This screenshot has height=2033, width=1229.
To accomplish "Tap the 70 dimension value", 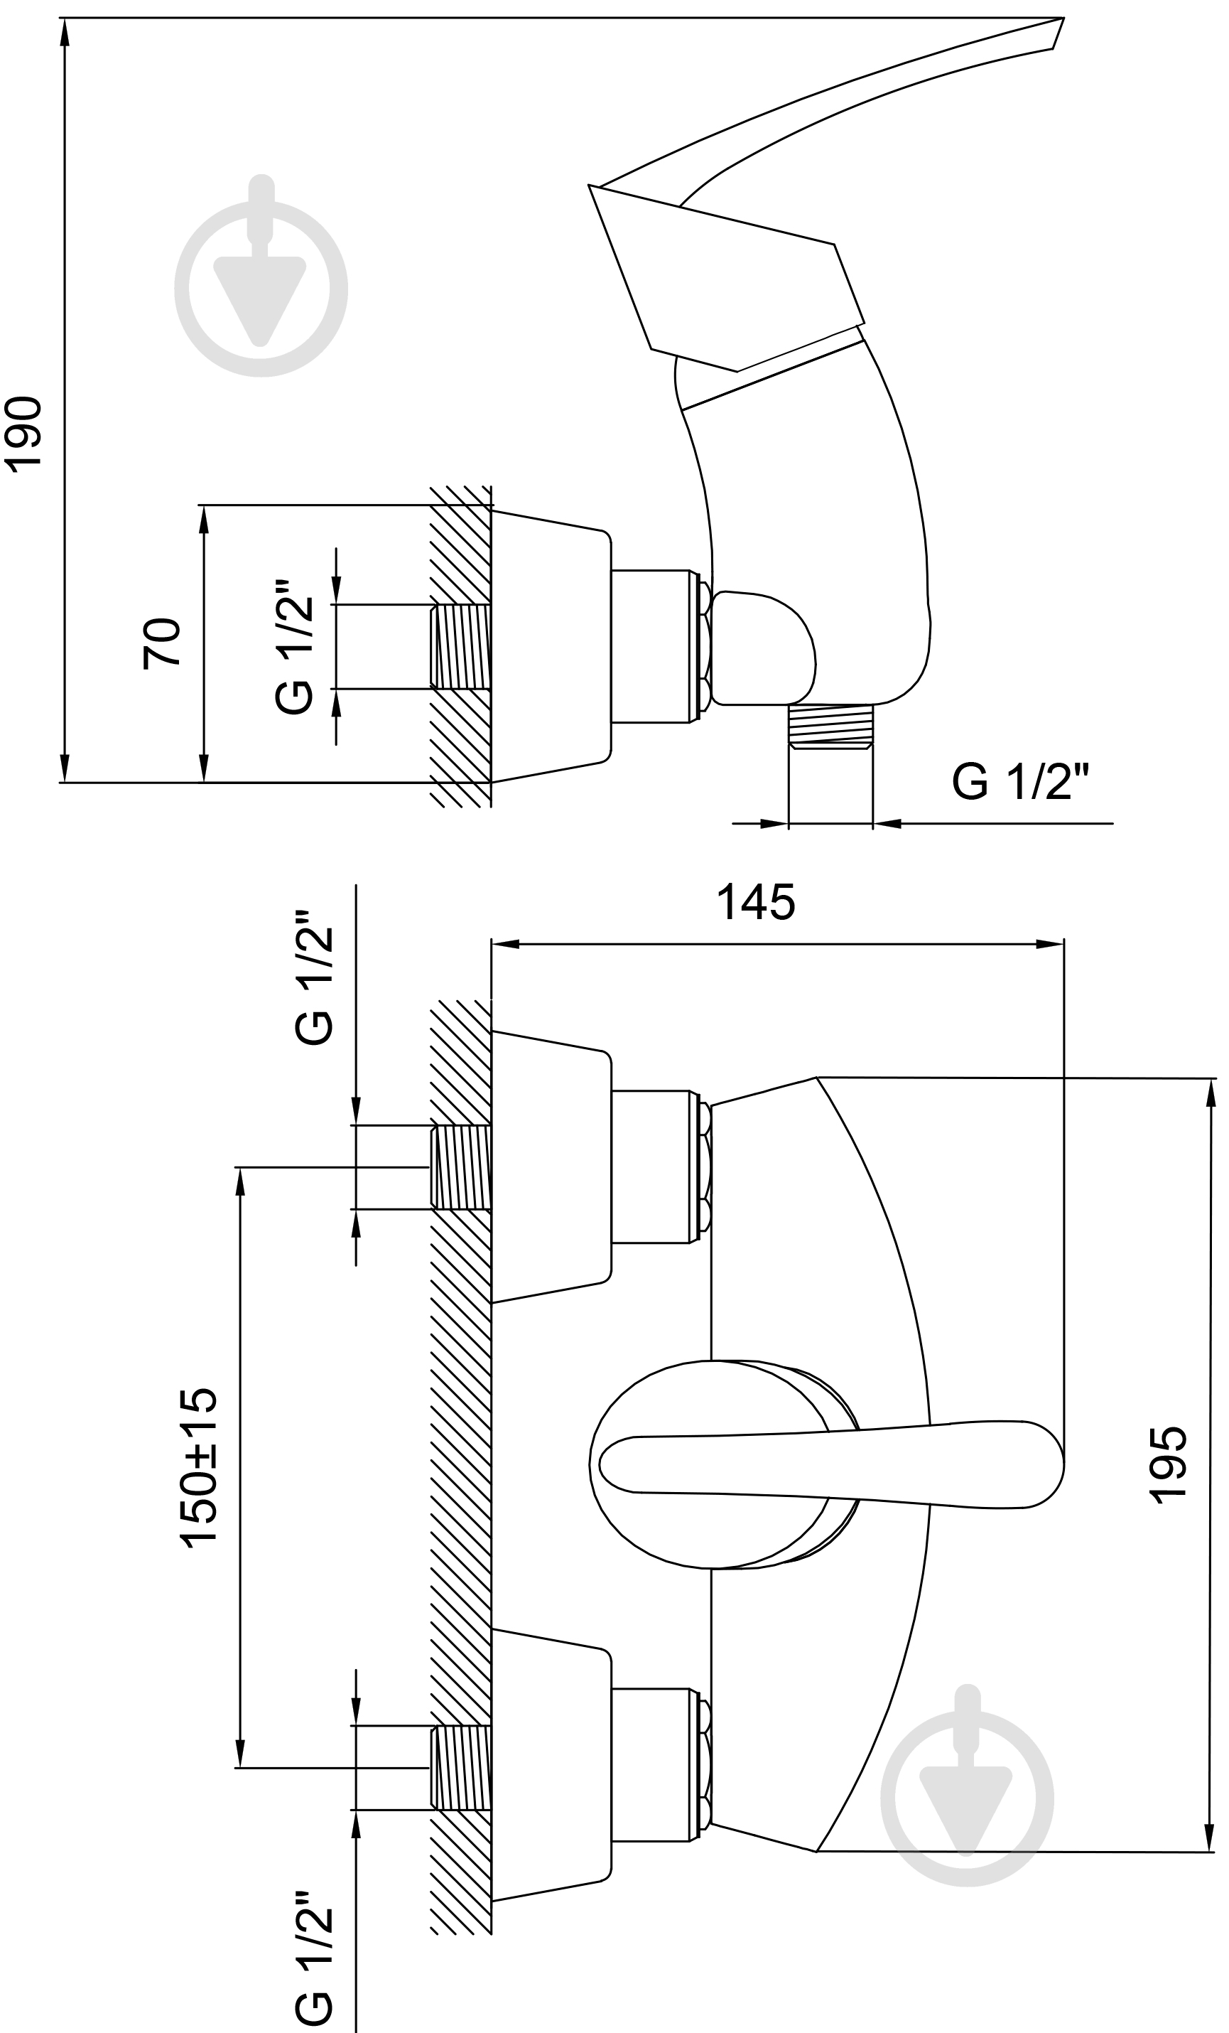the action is pos(162,643).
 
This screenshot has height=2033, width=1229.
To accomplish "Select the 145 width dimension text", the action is pos(756,902).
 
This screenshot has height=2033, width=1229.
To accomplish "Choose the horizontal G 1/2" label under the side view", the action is pos(1021,781).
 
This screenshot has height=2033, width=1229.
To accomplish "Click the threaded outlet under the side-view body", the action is pos(830,726).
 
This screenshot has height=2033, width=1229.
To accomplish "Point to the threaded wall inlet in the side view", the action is pos(461,647).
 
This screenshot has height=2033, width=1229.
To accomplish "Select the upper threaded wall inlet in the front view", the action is pos(461,1166).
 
